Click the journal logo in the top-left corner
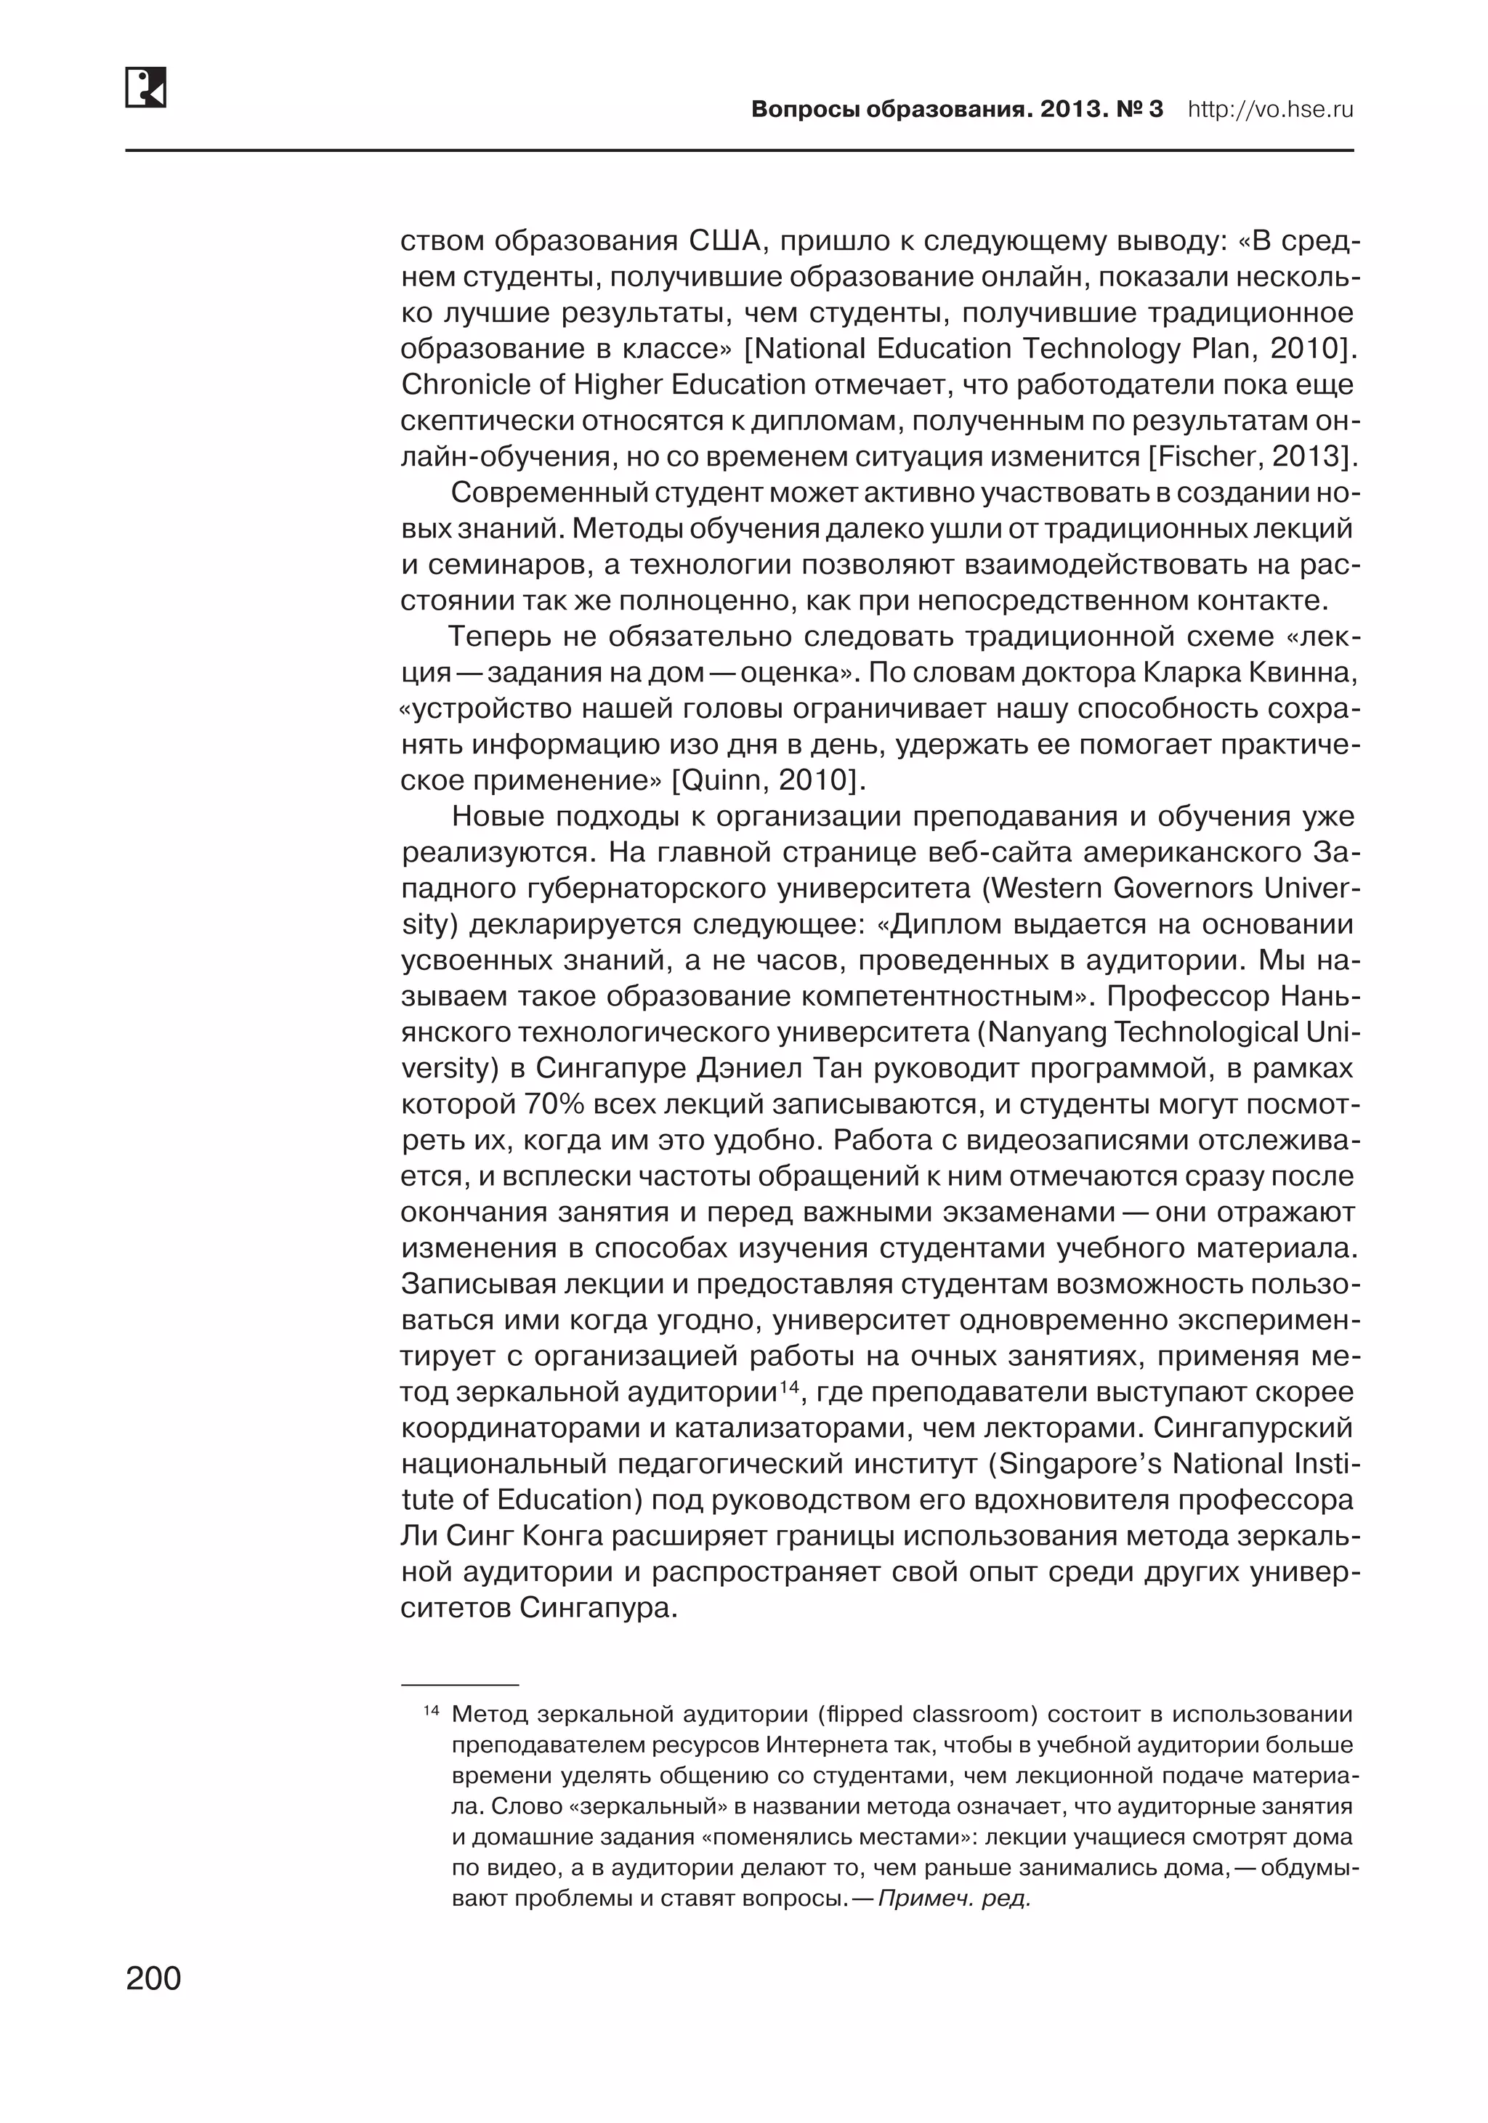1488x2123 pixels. tap(146, 87)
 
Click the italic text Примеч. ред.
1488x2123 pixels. tap(953, 1899)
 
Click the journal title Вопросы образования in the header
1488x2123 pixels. tap(889, 110)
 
